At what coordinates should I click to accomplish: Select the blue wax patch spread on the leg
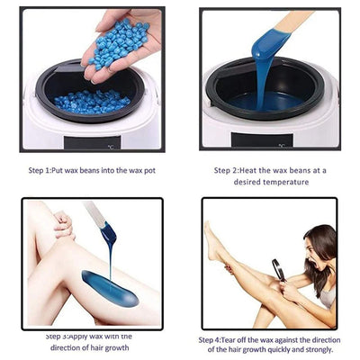109,288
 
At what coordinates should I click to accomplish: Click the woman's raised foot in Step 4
211,236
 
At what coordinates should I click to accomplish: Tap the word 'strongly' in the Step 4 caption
318,352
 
